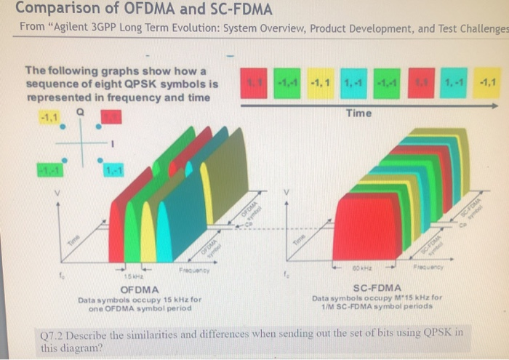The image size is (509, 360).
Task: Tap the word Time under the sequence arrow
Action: [x=358, y=113]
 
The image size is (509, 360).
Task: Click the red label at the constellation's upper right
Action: [x=111, y=117]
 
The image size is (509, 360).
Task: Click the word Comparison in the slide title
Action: [x=54, y=10]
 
